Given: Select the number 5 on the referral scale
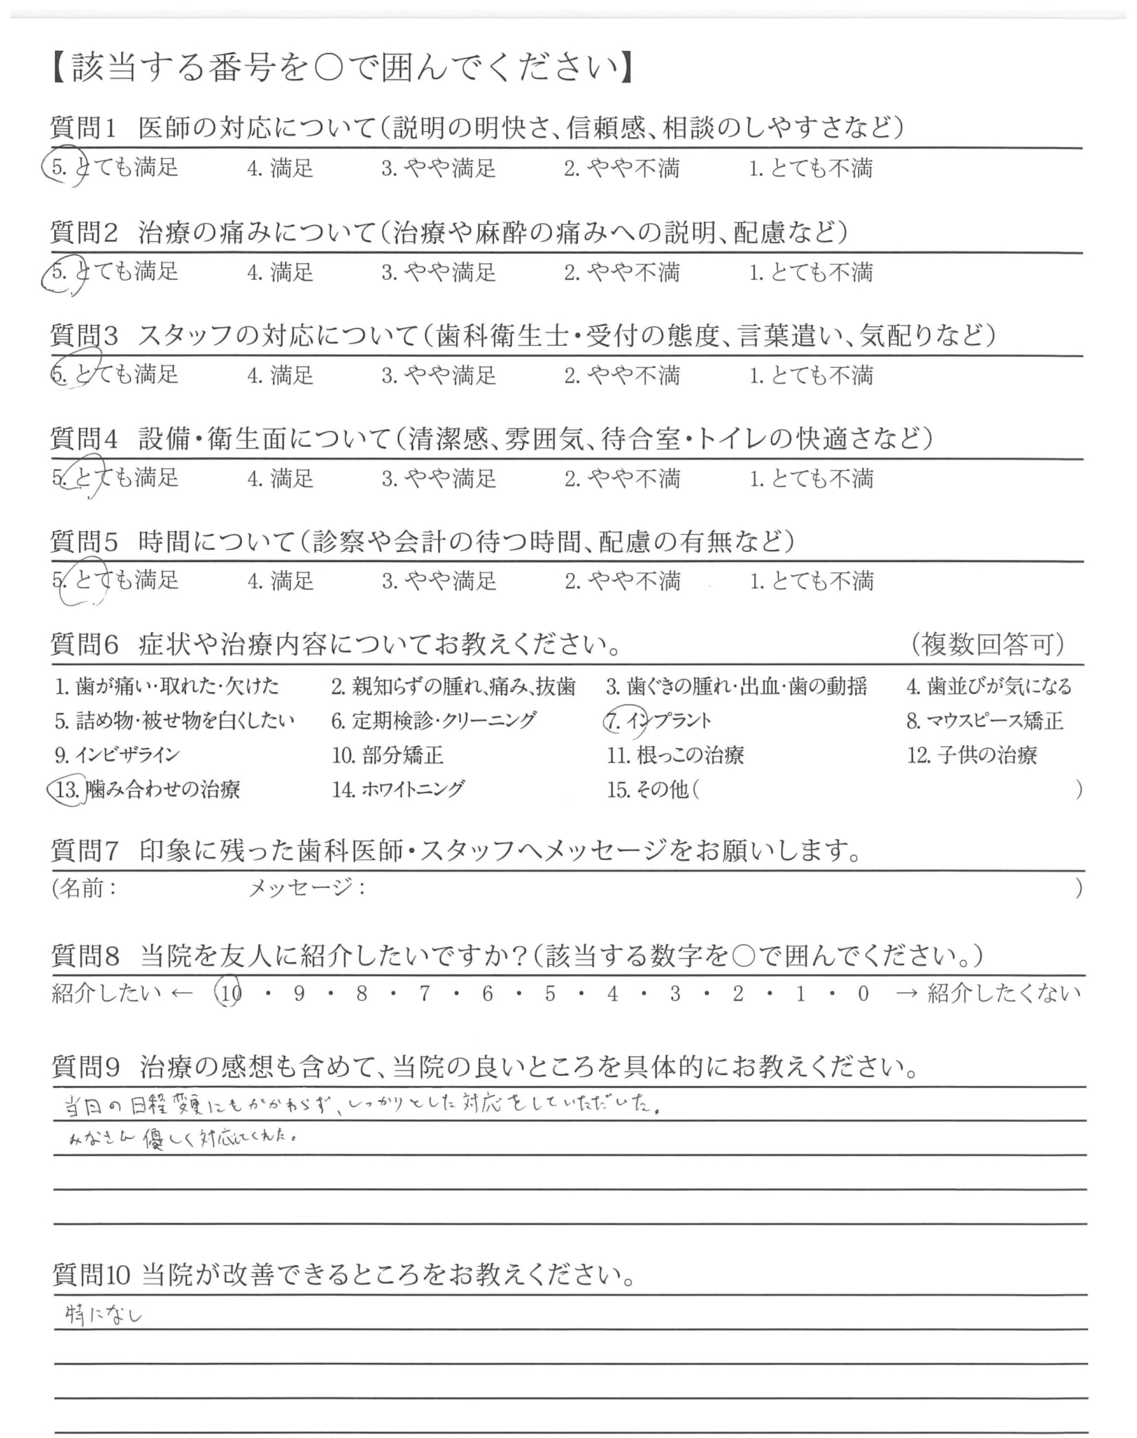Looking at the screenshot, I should click(x=550, y=994).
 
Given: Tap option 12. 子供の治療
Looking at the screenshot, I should click(x=972, y=755).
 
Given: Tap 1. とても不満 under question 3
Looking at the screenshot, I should click(x=811, y=376).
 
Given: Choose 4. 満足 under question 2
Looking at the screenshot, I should click(x=280, y=272).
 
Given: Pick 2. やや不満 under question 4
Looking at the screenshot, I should click(x=622, y=479).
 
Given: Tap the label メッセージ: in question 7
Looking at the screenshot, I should click(x=307, y=888).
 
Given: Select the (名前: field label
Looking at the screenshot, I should click(x=84, y=888).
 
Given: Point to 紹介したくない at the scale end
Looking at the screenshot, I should click(x=1003, y=994).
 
